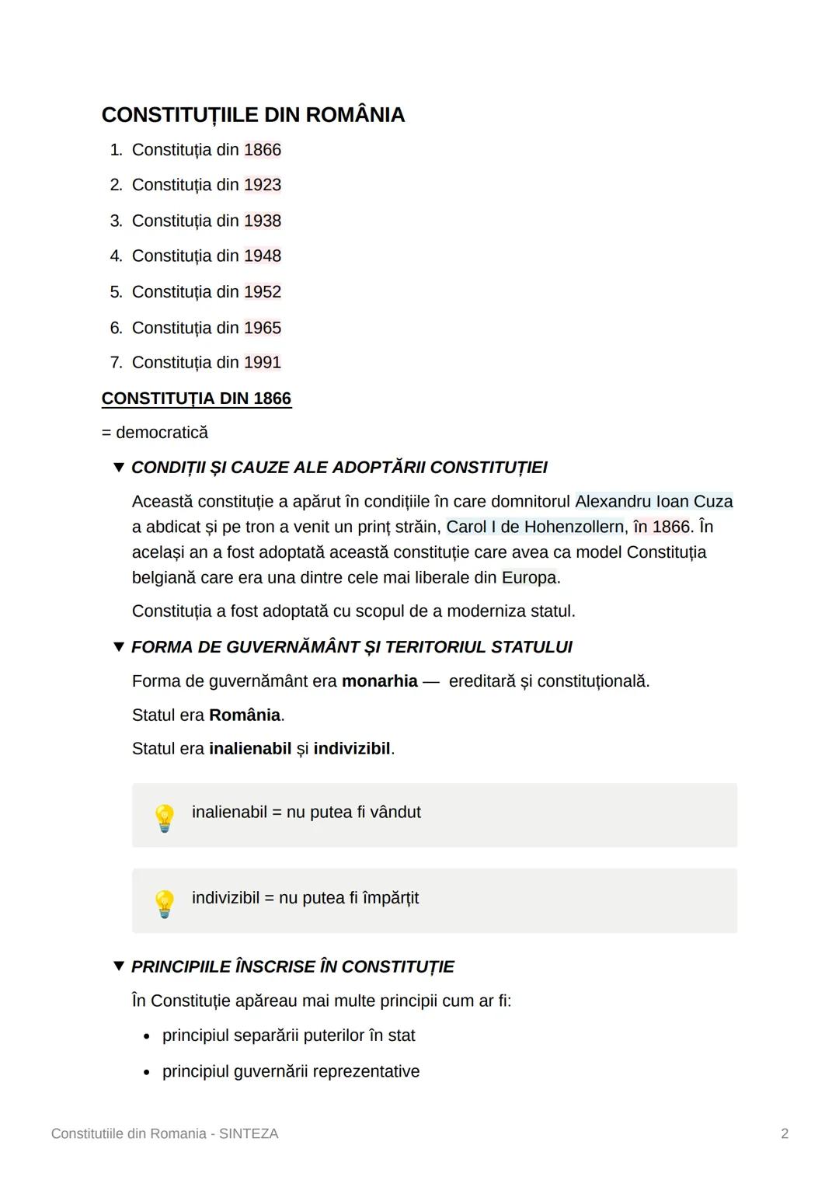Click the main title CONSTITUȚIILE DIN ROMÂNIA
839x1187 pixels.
pyautogui.click(x=253, y=115)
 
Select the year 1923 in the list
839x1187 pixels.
pyautogui.click(x=263, y=185)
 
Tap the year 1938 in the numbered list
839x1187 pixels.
pyautogui.click(x=263, y=221)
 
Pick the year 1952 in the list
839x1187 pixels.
pyautogui.click(x=263, y=292)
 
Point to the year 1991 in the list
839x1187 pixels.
pyautogui.click(x=263, y=363)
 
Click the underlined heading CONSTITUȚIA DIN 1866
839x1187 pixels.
pyautogui.click(x=197, y=399)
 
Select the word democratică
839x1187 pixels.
pyautogui.click(x=162, y=433)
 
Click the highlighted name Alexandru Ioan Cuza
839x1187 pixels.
pyautogui.click(x=653, y=502)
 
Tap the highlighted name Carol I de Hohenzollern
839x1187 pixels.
pyautogui.click(x=534, y=527)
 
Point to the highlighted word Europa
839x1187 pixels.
pyautogui.click(x=529, y=578)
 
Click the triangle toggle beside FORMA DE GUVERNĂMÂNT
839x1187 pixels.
pyautogui.click(x=118, y=647)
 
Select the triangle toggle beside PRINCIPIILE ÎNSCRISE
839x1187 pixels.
pyautogui.click(x=118, y=966)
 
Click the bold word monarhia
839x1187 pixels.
pyautogui.click(x=380, y=681)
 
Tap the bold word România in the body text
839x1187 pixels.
pyautogui.click(x=245, y=715)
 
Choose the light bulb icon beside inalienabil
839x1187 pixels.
pyautogui.click(x=164, y=817)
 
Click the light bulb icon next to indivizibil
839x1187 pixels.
pyautogui.click(x=164, y=903)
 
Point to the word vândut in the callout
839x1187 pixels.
pyautogui.click(x=395, y=813)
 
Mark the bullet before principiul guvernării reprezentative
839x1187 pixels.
pyautogui.click(x=147, y=1073)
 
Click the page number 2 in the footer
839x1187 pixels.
pyautogui.click(x=785, y=1134)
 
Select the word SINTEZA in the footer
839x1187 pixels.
pyautogui.click(x=249, y=1134)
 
